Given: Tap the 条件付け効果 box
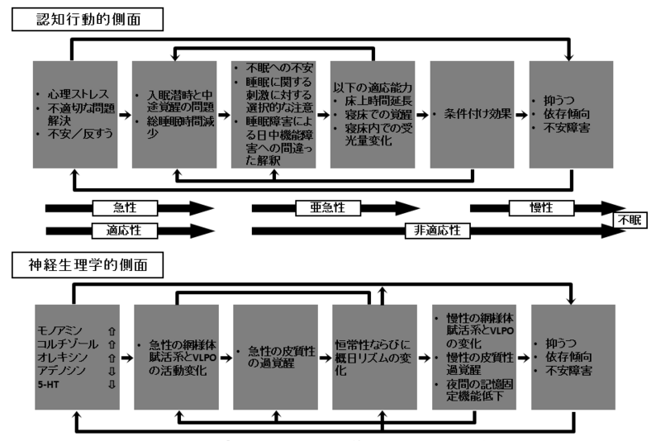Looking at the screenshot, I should coord(479,113).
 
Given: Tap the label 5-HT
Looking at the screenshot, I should coord(49,384).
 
